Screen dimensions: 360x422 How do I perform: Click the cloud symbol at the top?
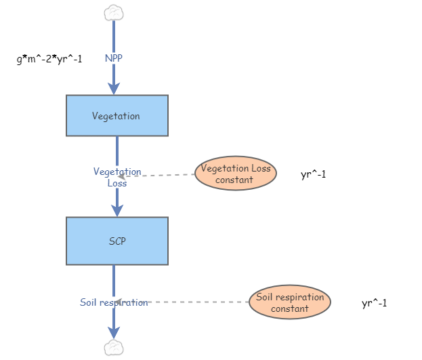[x=114, y=12]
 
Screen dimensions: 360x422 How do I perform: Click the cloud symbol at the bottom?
[x=114, y=348]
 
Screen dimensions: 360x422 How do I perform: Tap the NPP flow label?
[x=114, y=58]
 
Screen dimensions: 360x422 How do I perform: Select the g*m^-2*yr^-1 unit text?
[x=49, y=59]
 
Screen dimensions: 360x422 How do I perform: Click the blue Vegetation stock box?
[x=117, y=116]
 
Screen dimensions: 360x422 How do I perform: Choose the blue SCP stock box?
[x=117, y=241]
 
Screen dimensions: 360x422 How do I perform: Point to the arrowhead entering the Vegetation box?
[x=114, y=88]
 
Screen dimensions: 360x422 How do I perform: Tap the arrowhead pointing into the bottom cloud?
[x=114, y=332]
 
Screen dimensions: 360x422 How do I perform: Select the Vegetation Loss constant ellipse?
[x=236, y=174]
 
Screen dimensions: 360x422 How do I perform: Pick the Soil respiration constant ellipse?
[x=289, y=302]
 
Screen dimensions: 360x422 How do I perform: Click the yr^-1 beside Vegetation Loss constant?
[x=314, y=175]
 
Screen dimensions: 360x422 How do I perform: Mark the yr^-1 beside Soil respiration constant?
[x=375, y=303]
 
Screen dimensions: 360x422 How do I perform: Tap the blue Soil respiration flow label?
[x=114, y=302]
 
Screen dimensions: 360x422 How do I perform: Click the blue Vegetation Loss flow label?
[x=117, y=177]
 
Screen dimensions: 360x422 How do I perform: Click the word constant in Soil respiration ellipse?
[x=290, y=308]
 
